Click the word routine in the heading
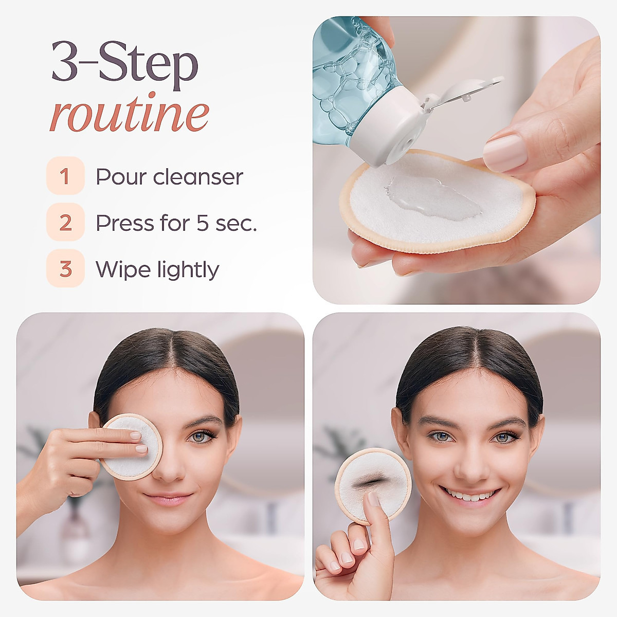[x=129, y=114]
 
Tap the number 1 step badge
[x=65, y=176]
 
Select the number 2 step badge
[x=65, y=222]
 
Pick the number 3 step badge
[x=65, y=268]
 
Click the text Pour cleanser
[x=169, y=177]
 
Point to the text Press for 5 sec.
[x=176, y=223]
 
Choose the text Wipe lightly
[x=157, y=269]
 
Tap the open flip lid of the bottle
[x=463, y=93]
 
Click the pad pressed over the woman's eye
[x=131, y=446]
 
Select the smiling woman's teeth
[x=470, y=496]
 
